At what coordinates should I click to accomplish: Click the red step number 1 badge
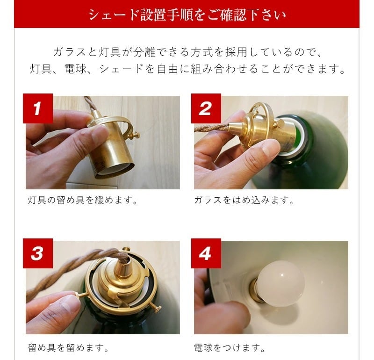(x=38, y=108)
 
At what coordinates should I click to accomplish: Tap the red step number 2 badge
(x=206, y=108)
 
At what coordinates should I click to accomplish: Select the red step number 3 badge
(x=38, y=253)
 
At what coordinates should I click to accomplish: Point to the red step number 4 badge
(x=206, y=253)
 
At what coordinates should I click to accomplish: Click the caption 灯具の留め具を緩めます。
(x=83, y=200)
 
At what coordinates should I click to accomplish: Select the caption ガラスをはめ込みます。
(x=244, y=200)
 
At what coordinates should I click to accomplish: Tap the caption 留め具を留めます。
(x=68, y=347)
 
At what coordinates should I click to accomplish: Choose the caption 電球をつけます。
(x=230, y=347)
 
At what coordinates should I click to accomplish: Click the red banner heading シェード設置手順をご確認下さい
(x=187, y=15)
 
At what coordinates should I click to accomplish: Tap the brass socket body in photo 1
(x=112, y=145)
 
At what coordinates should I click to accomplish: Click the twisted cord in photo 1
(x=88, y=105)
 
